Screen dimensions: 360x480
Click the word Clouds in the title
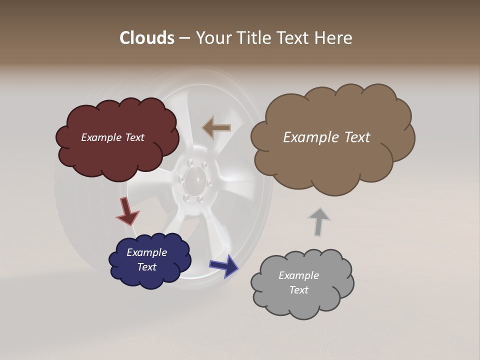pos(147,38)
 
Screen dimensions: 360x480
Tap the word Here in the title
pos(333,38)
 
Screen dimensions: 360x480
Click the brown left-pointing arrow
pos(216,128)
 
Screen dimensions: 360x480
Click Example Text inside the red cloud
pos(112,137)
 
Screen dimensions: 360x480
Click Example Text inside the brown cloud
pos(326,137)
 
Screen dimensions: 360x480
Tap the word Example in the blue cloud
pos(146,252)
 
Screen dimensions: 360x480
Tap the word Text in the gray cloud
pos(298,290)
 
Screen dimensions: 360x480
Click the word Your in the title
pos(212,38)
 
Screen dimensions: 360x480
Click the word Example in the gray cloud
pos(298,275)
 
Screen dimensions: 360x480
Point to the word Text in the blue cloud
pos(146,267)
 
